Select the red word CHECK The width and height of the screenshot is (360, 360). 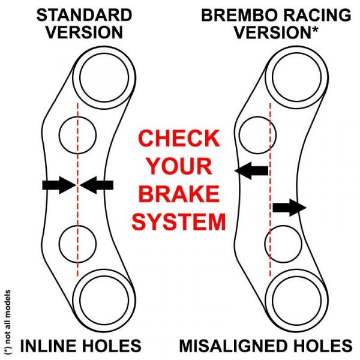[x=179, y=139]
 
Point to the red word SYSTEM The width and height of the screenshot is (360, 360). [x=179, y=222]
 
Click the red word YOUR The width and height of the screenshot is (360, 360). [x=179, y=166]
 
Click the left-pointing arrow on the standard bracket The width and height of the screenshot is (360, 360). [x=97, y=186]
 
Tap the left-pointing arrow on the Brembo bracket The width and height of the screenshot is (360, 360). [x=251, y=172]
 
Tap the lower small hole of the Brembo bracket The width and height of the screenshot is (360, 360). [x=282, y=244]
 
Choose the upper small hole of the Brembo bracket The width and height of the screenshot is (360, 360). [x=254, y=132]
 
